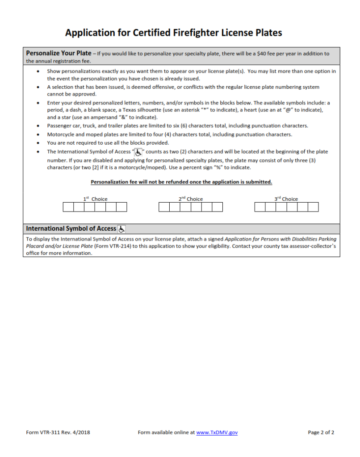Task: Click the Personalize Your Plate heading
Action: [59, 53]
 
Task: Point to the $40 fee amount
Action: [263, 54]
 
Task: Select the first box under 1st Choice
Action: [68, 207]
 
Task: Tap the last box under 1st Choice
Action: [121, 207]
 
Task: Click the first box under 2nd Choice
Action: [164, 207]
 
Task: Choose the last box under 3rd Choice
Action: [313, 207]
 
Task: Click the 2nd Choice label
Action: [191, 199]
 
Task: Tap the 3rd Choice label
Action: [286, 199]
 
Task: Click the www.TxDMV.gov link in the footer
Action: [217, 432]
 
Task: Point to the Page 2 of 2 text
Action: [321, 432]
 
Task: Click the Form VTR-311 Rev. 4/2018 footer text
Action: [58, 432]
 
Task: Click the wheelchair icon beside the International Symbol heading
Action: [122, 229]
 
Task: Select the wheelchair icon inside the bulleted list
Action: [138, 152]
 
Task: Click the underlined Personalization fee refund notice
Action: [181, 182]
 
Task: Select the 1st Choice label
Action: [95, 199]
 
